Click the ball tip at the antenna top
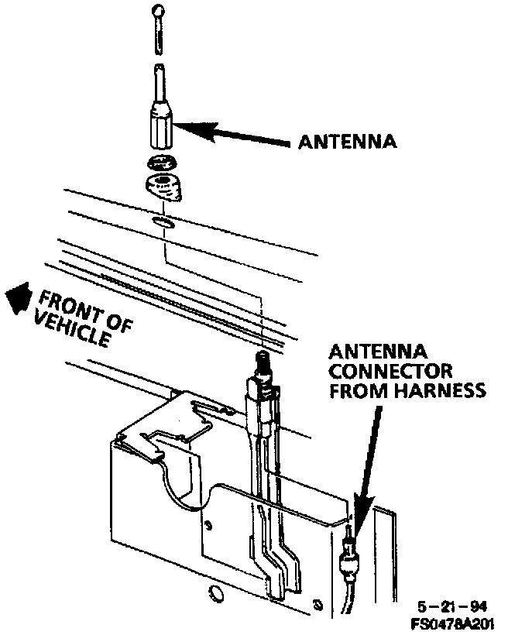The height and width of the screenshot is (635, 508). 160,11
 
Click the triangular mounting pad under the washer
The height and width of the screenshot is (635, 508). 162,187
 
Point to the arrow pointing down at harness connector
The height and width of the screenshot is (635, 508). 371,465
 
